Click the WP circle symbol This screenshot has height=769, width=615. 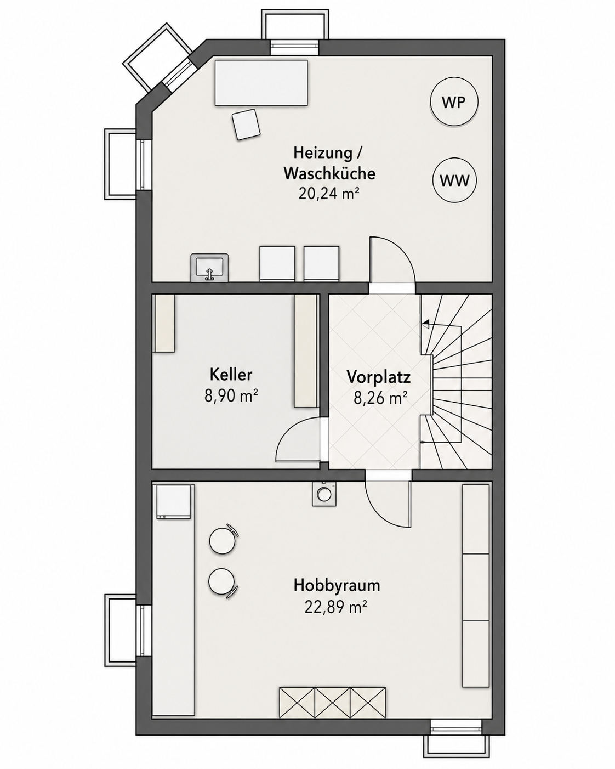coord(453,102)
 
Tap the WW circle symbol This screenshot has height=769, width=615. coord(454,181)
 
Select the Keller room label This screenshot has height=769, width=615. coord(231,375)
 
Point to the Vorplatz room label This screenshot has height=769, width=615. coord(379,377)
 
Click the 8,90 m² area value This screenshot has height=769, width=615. coord(231,396)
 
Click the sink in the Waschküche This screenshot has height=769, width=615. coord(209,267)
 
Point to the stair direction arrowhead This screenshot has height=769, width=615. coord(425,325)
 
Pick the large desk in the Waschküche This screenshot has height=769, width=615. coord(261,83)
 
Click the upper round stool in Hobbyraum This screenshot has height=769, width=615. coord(223,541)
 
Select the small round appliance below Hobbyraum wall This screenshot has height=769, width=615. coord(324,494)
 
